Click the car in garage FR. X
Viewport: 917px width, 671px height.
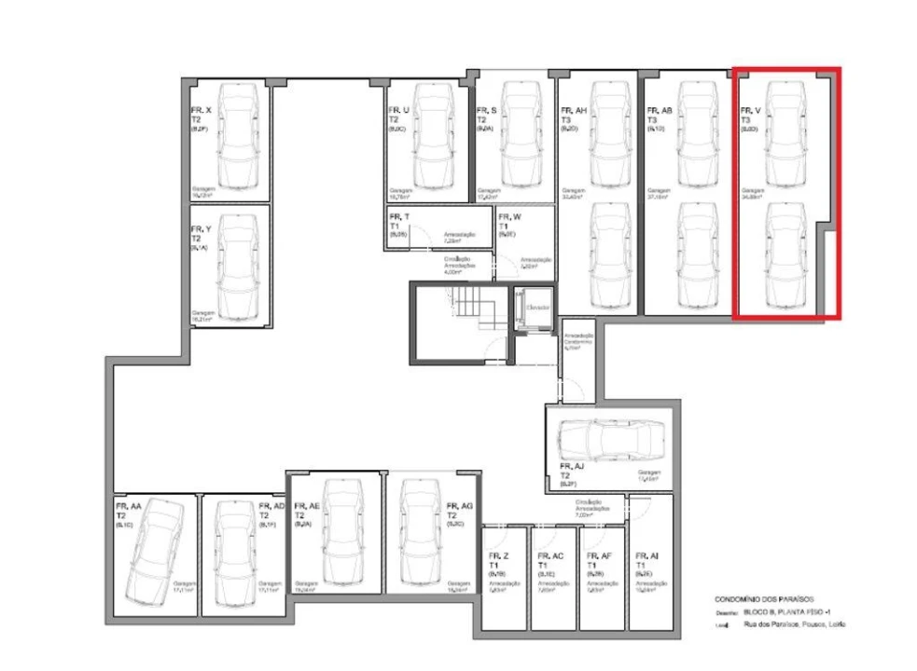coord(238,135)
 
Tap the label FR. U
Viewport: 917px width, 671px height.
coord(399,110)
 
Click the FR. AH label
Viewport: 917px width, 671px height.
coord(574,110)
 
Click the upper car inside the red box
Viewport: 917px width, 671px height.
coord(783,132)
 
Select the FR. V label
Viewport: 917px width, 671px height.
coord(750,111)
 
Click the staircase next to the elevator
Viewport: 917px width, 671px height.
coord(475,308)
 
